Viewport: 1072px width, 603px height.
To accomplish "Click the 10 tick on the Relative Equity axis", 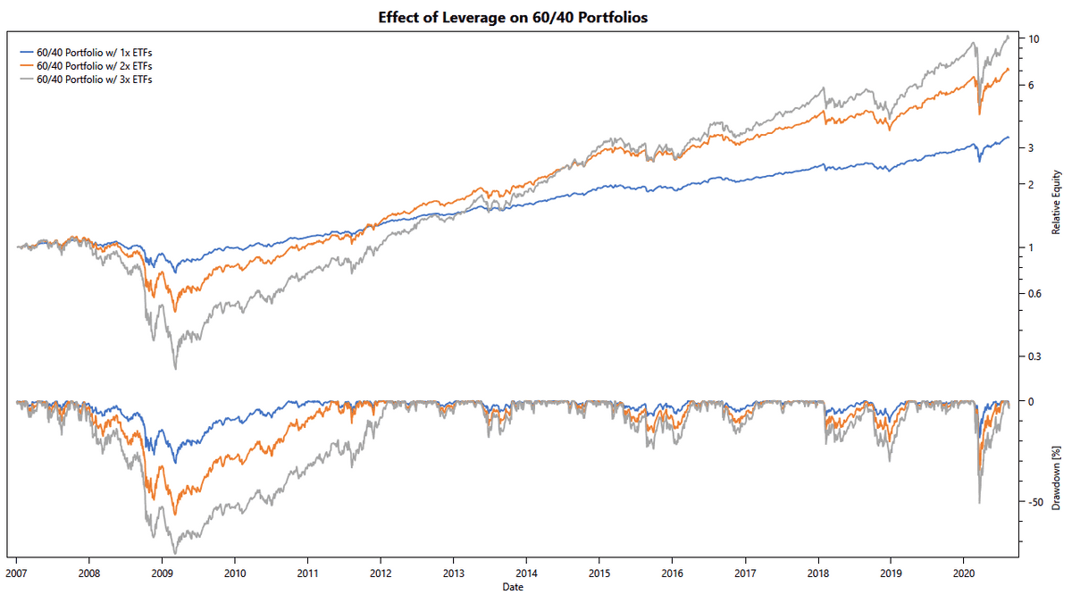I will click(1034, 39).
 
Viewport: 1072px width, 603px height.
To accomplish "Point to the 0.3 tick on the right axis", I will click(1035, 357).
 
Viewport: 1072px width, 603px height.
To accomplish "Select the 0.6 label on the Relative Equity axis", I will click(1035, 294).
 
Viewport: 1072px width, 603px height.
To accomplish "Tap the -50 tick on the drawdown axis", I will click(1036, 503).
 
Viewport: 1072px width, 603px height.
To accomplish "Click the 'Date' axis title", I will click(513, 587).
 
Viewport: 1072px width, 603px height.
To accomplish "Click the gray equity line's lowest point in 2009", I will click(175, 368).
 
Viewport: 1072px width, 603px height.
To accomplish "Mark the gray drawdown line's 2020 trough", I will click(980, 503).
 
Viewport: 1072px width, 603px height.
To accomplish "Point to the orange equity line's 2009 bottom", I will click(175, 311).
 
